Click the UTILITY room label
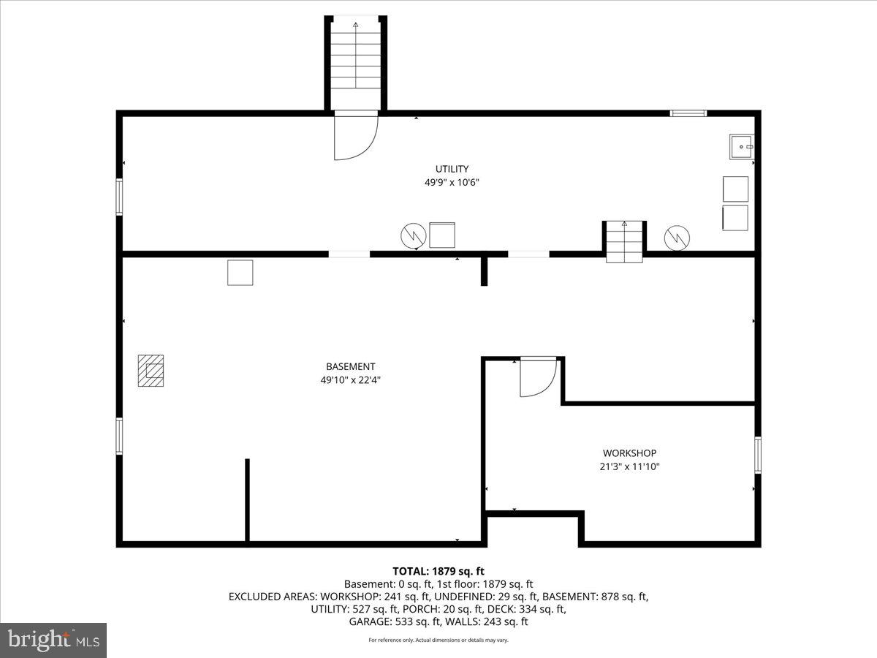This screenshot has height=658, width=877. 452,169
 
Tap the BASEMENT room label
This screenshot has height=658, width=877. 350,366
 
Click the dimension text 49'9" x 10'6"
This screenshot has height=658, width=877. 452,183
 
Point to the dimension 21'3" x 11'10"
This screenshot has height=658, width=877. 629,466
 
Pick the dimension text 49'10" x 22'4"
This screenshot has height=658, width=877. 350,380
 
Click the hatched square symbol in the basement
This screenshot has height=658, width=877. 151,371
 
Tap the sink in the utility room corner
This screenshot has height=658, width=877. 741,146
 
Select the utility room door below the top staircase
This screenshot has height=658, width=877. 355,137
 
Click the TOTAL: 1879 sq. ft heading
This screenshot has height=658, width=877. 438,571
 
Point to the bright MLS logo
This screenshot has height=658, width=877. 53,640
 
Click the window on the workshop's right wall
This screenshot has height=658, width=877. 758,455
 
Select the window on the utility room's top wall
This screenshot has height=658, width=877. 688,113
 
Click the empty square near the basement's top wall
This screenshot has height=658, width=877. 240,273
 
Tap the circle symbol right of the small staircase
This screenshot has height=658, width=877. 677,236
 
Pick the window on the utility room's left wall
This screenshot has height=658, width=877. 119,197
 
